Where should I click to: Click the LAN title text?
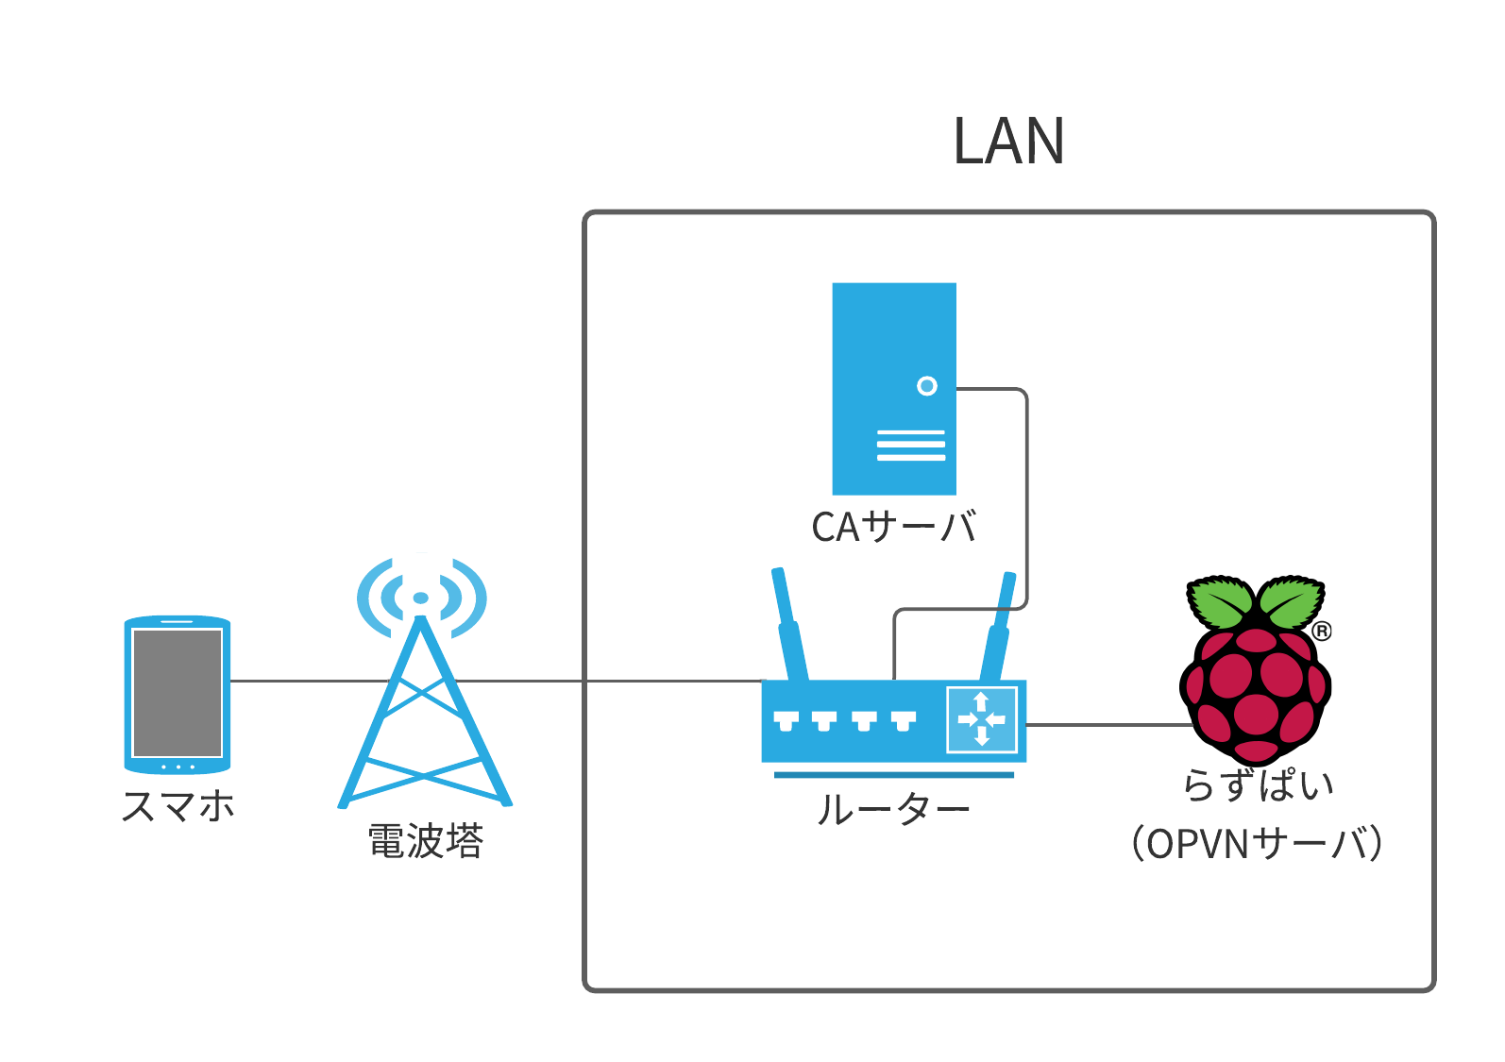[x=1008, y=142]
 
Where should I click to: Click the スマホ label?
[x=178, y=806]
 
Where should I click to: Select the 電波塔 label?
[x=426, y=841]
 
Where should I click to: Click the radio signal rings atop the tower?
[x=421, y=598]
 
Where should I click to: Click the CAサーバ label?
[x=893, y=527]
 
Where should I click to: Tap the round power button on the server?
[x=927, y=386]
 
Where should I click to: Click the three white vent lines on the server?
[x=910, y=446]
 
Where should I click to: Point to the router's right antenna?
[x=999, y=623]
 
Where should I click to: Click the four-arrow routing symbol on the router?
[x=982, y=719]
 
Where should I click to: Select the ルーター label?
[x=892, y=809]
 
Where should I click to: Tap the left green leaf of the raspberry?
[x=1223, y=603]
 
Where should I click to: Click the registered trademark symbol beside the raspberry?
[x=1322, y=631]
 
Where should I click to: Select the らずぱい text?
[x=1258, y=784]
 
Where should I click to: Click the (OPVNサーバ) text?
[x=1257, y=843]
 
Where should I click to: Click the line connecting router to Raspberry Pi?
[x=1109, y=725]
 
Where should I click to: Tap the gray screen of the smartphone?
[x=178, y=692]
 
